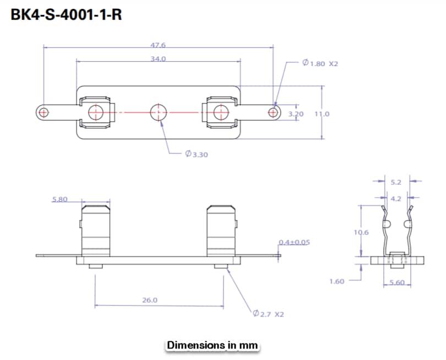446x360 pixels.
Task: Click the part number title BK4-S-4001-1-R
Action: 66,15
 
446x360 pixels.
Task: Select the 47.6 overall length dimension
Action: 158,45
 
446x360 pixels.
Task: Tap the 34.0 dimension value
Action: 158,58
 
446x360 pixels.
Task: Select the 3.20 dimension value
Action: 296,114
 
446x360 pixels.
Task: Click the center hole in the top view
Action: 159,112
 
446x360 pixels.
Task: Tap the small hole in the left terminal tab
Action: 43,112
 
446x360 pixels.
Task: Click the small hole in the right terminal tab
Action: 273,112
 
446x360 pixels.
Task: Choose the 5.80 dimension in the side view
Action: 59,199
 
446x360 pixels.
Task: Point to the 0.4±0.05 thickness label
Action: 295,242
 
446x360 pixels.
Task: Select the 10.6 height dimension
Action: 361,232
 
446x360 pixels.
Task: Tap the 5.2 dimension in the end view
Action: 396,181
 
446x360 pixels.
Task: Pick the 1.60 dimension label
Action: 336,281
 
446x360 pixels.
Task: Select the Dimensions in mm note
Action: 212,345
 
